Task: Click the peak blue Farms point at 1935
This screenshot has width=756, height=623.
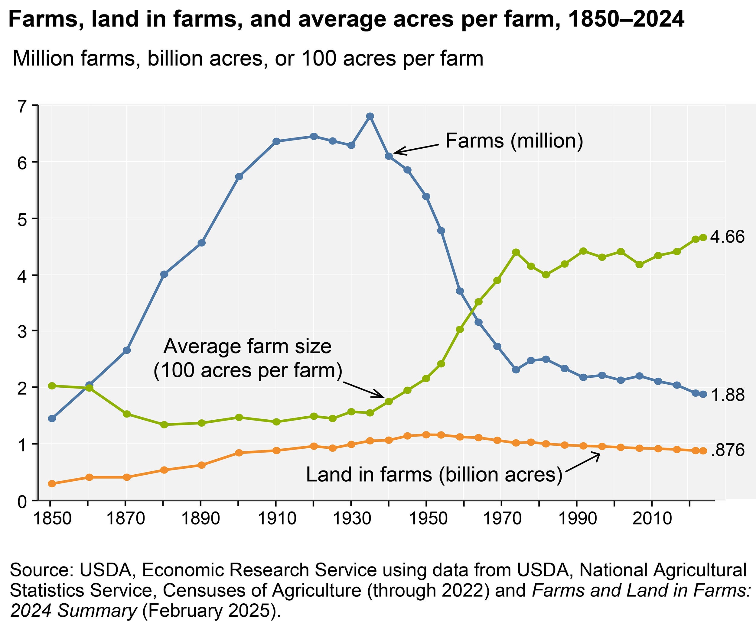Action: [370, 116]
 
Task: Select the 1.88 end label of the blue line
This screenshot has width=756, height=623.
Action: [728, 395]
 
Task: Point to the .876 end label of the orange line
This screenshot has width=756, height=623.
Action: [728, 450]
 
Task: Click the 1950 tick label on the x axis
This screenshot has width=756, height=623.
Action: [426, 519]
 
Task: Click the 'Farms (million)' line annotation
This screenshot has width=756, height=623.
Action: [514, 141]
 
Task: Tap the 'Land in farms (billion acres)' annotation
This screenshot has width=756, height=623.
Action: [434, 475]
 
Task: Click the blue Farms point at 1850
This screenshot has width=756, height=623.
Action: [52, 418]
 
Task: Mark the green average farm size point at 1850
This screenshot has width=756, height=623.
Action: [52, 386]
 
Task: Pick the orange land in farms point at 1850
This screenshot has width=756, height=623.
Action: [52, 484]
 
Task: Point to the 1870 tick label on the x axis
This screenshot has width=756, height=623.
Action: [126, 519]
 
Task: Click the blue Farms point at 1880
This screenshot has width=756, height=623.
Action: [164, 274]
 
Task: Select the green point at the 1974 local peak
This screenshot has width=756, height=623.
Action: [516, 252]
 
